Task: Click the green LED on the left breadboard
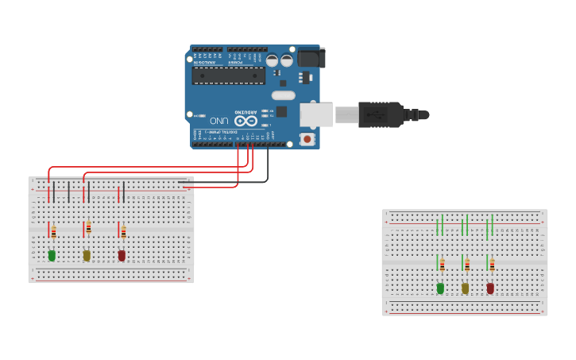click(52, 255)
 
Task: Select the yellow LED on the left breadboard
click(87, 255)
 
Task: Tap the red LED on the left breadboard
click(122, 255)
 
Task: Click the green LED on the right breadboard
click(440, 288)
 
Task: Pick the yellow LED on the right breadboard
click(466, 288)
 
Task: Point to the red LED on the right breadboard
click(490, 288)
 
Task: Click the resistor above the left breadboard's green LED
click(53, 231)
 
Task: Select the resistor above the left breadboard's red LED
click(123, 231)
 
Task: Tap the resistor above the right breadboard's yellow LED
click(467, 265)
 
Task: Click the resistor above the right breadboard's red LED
click(492, 265)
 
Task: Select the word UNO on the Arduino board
click(219, 120)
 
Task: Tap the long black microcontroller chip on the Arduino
click(228, 75)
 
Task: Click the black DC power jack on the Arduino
click(311, 58)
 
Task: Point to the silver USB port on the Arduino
click(315, 114)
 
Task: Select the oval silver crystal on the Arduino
click(283, 95)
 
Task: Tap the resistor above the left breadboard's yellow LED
click(88, 229)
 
